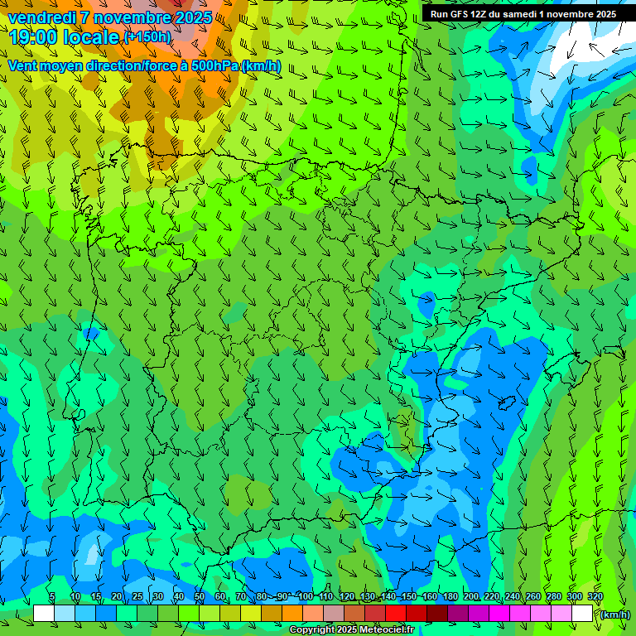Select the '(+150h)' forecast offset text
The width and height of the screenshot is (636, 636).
click(147, 37)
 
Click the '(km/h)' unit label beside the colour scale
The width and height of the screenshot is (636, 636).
click(615, 614)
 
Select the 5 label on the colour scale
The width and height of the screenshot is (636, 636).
click(52, 597)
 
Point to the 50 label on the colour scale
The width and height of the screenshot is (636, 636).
click(200, 597)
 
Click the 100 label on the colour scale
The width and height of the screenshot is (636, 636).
click(306, 597)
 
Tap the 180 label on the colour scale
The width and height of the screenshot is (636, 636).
click(450, 597)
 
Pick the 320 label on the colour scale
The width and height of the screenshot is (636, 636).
click(595, 597)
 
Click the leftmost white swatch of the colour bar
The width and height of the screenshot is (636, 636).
click(44, 614)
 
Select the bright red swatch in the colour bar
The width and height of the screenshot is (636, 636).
click(396, 614)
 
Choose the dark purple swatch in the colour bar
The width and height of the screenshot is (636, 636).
click(458, 614)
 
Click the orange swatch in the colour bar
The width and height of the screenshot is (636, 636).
click(292, 614)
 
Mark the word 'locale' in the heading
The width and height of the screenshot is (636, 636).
click(94, 38)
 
